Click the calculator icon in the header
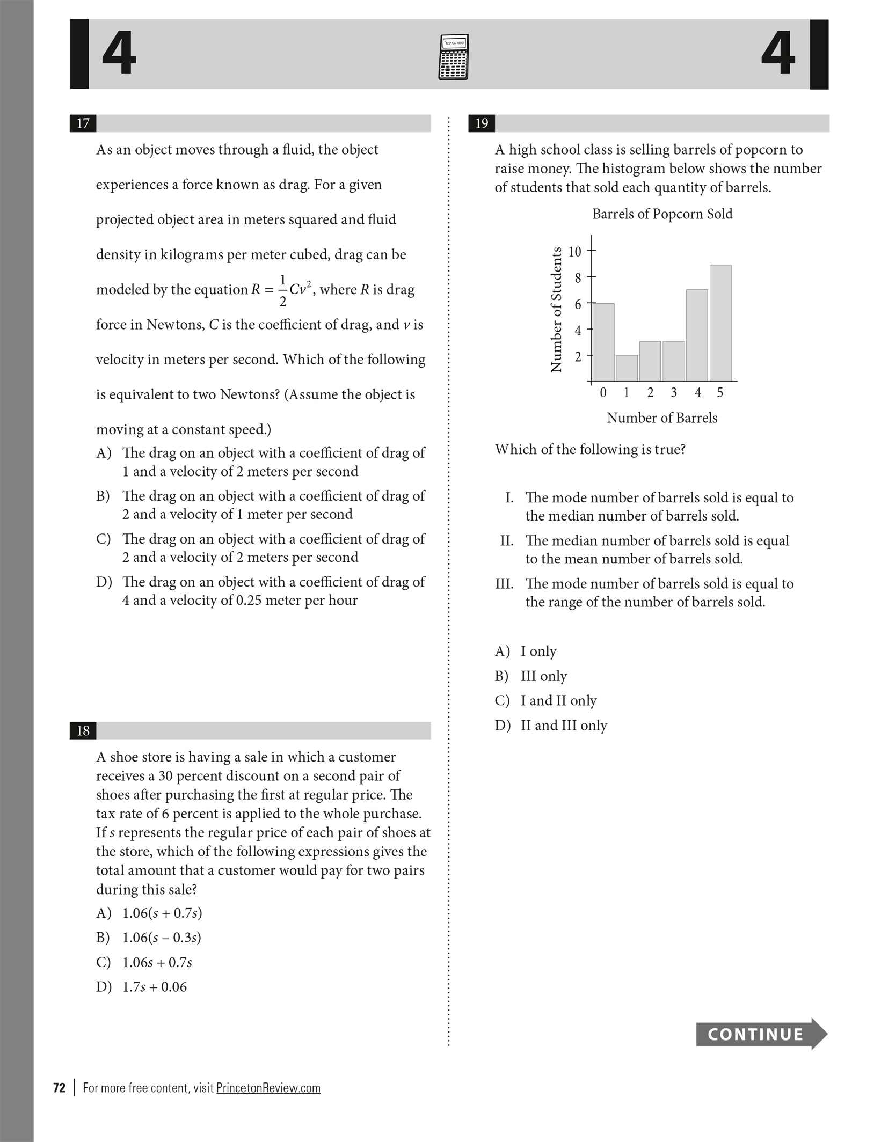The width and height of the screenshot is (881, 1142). click(x=453, y=57)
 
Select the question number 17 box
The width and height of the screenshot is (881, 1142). click(x=83, y=123)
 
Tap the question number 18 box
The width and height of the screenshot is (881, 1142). click(x=83, y=730)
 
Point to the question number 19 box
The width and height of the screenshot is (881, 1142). click(x=482, y=123)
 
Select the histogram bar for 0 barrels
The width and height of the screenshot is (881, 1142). click(x=603, y=342)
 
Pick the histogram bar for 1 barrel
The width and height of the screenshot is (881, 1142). click(x=627, y=368)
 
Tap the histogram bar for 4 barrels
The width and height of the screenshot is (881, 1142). click(x=697, y=335)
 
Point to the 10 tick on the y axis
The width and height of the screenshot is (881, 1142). click(x=575, y=251)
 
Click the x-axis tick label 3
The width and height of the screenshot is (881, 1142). click(x=674, y=393)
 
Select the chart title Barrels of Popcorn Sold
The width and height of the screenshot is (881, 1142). click(x=662, y=214)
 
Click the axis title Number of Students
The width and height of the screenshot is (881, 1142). click(x=556, y=309)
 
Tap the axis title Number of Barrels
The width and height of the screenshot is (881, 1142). click(x=662, y=418)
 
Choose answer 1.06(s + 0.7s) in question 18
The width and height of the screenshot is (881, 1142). click(x=162, y=913)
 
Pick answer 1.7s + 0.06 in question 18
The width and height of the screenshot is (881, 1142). click(x=155, y=986)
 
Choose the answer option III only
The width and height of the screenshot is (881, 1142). click(x=543, y=676)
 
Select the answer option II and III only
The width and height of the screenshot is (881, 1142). click(x=564, y=726)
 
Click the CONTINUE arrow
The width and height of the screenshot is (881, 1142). click(x=761, y=1034)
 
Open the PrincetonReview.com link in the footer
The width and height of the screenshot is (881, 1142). click(x=268, y=1088)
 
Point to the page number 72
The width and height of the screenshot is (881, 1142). click(x=59, y=1088)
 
